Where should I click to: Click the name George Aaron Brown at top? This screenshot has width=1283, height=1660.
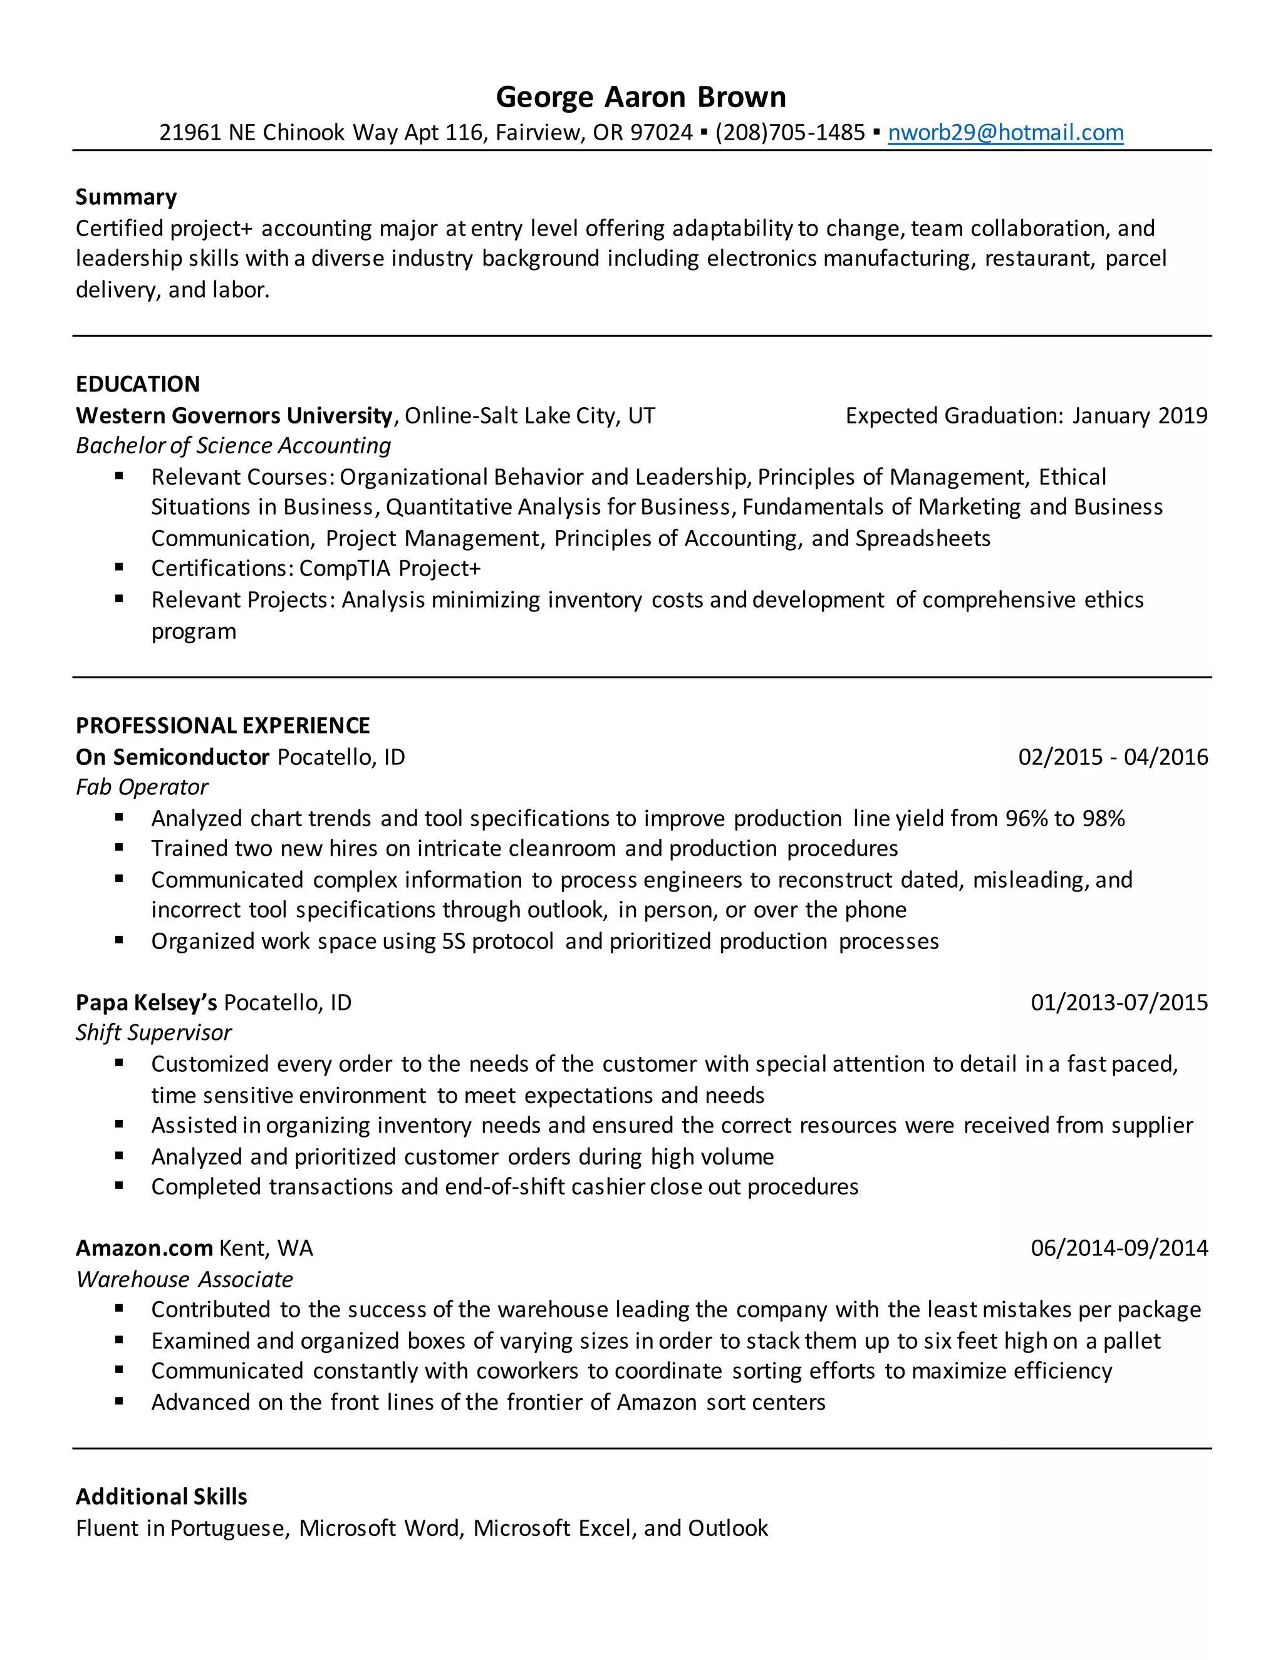point(641,97)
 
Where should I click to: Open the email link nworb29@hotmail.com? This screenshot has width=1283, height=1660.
point(1005,133)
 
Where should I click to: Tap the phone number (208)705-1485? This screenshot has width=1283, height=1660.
point(790,133)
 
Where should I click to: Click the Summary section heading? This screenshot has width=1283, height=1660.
point(126,197)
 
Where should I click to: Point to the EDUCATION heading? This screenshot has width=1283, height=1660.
point(138,384)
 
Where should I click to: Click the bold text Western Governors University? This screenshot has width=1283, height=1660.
point(233,416)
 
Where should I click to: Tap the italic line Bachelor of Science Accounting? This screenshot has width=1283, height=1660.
point(233,445)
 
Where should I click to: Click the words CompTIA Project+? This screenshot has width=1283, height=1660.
point(390,569)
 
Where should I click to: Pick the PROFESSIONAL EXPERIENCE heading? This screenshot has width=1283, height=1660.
point(222,726)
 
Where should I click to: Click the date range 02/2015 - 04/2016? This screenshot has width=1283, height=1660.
point(1113,757)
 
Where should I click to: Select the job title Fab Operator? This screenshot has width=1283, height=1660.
point(142,787)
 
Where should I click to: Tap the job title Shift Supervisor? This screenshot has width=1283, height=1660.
point(153,1033)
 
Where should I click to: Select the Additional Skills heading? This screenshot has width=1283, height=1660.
point(161,1497)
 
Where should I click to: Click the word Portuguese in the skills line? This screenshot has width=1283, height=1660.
point(227,1528)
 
